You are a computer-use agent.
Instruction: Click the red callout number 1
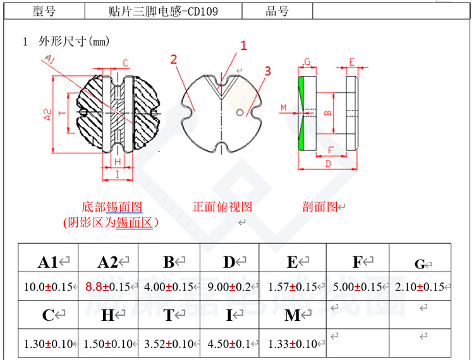[243, 45]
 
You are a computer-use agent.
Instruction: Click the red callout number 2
[173, 60]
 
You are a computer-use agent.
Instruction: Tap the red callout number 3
[267, 71]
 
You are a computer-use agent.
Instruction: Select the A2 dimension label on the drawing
[48, 113]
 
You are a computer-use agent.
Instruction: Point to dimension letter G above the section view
[307, 62]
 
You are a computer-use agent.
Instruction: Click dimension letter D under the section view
[327, 164]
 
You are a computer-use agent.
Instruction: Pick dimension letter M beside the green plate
[284, 108]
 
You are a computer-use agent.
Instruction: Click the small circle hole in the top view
[240, 113]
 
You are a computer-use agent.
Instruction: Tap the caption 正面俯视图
[222, 207]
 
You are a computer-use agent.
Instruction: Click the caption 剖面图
[320, 207]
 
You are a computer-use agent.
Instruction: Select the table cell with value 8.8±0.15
[107, 287]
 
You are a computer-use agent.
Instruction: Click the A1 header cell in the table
[49, 261]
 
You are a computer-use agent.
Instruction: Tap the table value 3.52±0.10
[169, 344]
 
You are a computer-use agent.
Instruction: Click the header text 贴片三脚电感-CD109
[163, 11]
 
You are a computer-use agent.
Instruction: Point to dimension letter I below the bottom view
[118, 174]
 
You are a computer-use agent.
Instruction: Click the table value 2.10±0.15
[420, 287]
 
